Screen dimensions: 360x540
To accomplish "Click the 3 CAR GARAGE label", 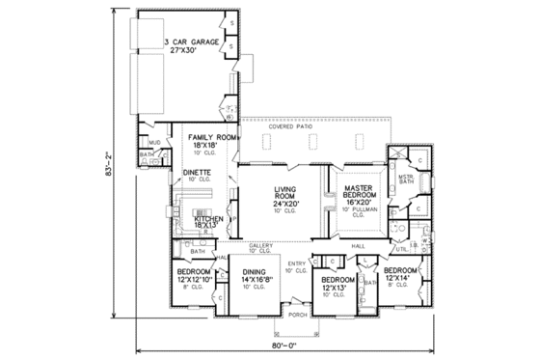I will coord(189,43).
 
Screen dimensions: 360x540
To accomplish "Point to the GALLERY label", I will coord(262,246).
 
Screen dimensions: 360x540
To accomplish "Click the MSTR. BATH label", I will coord(406,179).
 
